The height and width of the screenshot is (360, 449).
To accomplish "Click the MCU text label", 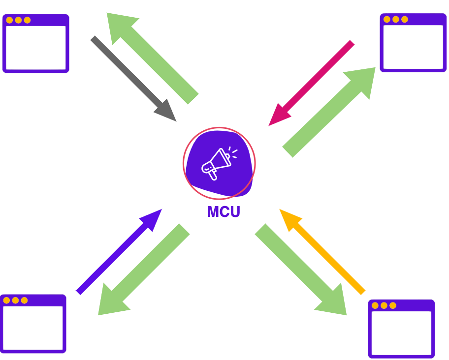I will (x=224, y=212).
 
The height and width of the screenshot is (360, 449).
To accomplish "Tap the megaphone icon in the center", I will (x=218, y=163).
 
